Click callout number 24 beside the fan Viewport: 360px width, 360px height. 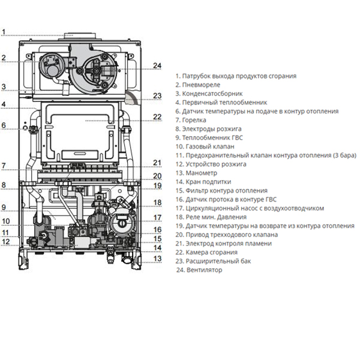pyautogui.click(x=157, y=65)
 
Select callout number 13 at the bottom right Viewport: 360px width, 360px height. pyautogui.click(x=157, y=259)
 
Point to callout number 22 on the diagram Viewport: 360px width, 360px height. pyautogui.click(x=157, y=116)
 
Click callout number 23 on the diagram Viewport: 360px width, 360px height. pyautogui.click(x=157, y=95)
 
